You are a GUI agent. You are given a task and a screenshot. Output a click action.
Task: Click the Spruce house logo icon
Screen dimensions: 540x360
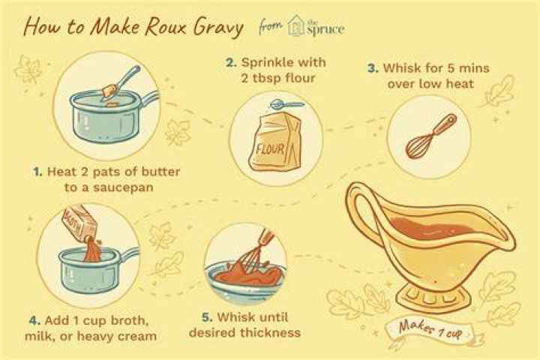click(x=295, y=25)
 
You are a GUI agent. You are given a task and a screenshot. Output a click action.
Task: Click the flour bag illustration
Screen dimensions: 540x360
click(x=274, y=141)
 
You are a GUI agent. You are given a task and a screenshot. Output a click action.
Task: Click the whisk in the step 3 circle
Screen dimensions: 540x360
click(x=430, y=136)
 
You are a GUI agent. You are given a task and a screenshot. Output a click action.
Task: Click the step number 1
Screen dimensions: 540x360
click(x=37, y=172)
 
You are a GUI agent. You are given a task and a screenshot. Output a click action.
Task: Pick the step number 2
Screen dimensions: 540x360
click(x=231, y=63)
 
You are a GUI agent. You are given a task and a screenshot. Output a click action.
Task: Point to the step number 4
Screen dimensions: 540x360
click(x=34, y=321)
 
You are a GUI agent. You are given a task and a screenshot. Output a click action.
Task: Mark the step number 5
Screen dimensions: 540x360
click(x=207, y=317)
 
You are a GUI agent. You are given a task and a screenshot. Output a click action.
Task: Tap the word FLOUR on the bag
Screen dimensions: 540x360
click(x=270, y=149)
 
